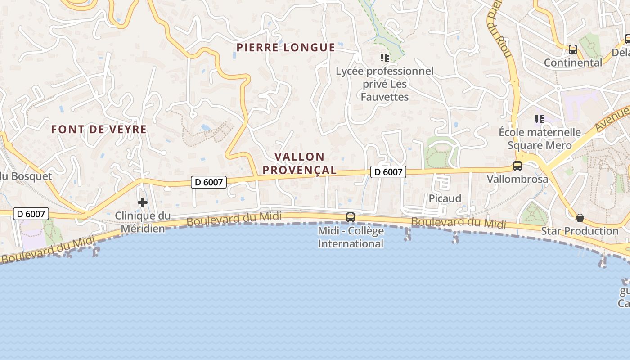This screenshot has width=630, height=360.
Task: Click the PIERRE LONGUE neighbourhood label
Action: [286, 48]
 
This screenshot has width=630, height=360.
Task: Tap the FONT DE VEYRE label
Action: [99, 130]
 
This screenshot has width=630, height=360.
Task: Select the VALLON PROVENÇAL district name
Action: [300, 163]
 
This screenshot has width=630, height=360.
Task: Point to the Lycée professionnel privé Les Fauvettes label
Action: [385, 84]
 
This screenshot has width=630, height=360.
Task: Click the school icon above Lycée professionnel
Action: [384, 57]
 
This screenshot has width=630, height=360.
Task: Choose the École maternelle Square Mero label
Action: [540, 139]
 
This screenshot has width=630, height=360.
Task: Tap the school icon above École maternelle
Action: [539, 119]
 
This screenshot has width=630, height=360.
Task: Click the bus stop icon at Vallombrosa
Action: [517, 166]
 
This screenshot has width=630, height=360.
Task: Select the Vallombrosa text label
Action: [517, 179]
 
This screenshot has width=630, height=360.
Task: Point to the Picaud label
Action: [445, 198]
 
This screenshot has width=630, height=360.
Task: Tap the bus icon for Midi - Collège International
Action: [350, 217]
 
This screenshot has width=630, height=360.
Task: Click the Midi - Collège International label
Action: [351, 237]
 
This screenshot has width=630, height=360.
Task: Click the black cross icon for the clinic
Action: [143, 202]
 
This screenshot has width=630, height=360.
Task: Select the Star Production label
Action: [580, 231]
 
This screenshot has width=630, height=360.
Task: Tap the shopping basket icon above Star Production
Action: [580, 218]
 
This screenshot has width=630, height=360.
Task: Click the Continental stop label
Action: [573, 63]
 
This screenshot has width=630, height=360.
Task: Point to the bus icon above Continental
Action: [572, 49]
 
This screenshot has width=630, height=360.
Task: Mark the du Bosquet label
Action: [26, 176]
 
